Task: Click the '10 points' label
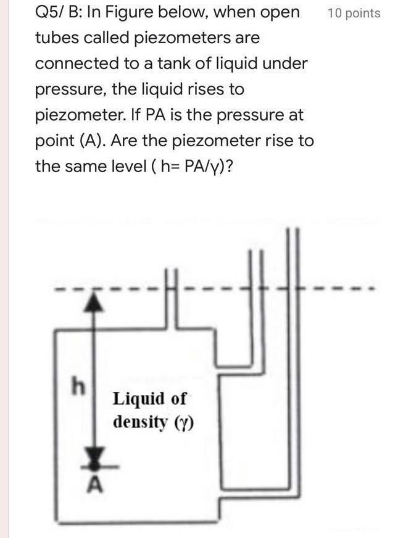click(354, 13)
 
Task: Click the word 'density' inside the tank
click(141, 423)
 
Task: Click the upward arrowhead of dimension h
click(92, 301)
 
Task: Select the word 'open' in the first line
click(276, 12)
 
